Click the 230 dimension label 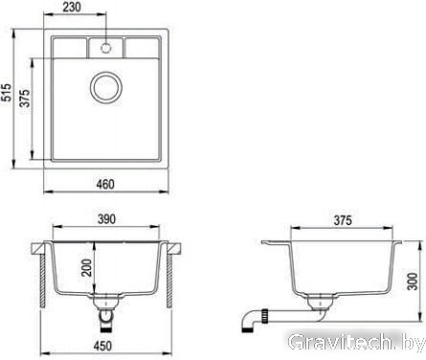coord(72,7)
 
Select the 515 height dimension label coord(6,92)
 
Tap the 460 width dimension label coord(105,184)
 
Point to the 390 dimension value coord(106,219)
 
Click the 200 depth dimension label coord(86,267)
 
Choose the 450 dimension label coord(102,346)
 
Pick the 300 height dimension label coord(413,281)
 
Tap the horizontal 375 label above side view coord(343,220)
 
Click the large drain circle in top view coord(106,88)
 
